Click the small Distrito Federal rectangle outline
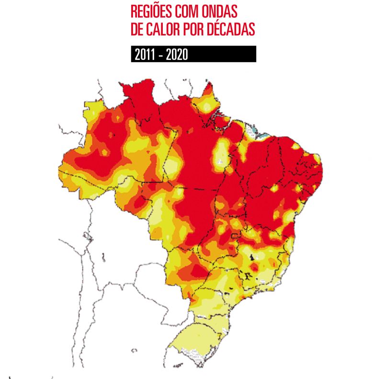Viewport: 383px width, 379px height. tap(235, 235)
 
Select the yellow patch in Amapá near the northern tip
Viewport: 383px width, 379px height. tap(205, 103)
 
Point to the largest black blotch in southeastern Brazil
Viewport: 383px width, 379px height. tap(248, 276)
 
